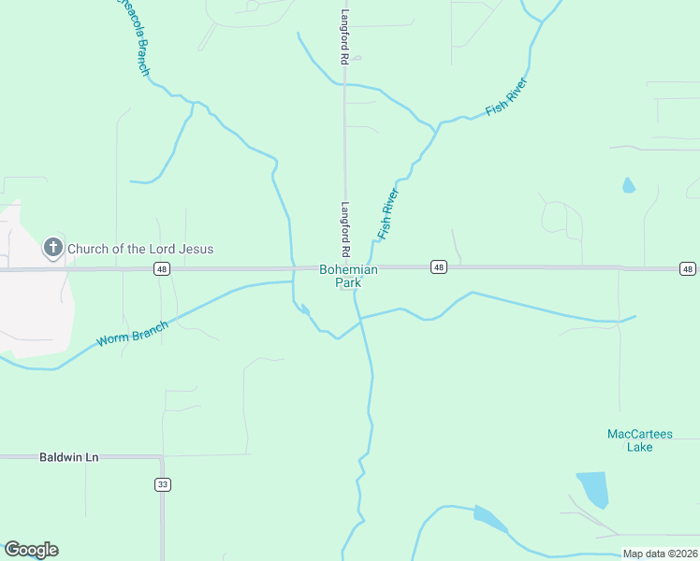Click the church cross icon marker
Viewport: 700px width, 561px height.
click(53, 248)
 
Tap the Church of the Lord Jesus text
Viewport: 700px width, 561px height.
click(140, 249)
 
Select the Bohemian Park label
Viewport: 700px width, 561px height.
click(348, 276)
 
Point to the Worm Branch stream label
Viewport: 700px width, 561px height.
click(132, 334)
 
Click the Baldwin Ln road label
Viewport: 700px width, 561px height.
click(69, 457)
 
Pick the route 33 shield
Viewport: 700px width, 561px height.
click(163, 484)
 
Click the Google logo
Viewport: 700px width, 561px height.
click(31, 550)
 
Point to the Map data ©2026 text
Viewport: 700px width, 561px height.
click(660, 554)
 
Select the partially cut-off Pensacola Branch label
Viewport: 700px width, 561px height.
click(132, 37)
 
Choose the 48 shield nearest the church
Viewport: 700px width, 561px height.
click(161, 269)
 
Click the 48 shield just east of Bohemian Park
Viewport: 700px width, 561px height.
click(439, 268)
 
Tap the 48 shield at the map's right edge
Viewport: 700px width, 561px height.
click(688, 269)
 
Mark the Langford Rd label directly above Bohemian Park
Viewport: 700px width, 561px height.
click(345, 230)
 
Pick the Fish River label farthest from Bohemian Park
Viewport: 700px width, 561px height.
click(507, 97)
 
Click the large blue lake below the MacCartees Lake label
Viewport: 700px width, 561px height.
click(592, 489)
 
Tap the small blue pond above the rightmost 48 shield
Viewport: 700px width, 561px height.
click(628, 185)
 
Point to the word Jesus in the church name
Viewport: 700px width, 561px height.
click(197, 249)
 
